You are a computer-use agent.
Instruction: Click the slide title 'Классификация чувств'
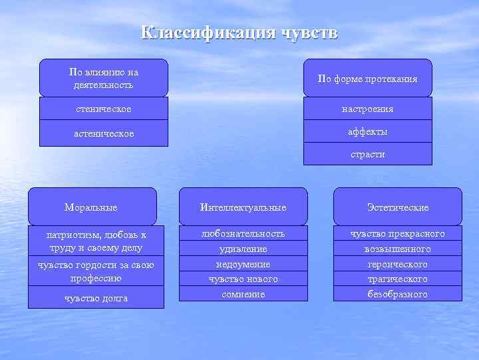click(239, 33)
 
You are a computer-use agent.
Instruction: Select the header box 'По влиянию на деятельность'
click(103, 78)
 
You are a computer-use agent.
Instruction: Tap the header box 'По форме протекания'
click(367, 79)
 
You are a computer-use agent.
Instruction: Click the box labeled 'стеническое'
click(103, 109)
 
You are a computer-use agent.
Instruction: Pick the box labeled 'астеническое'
click(103, 133)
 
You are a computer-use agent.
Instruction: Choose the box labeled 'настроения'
click(367, 109)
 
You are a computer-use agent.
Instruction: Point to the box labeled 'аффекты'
click(367, 131)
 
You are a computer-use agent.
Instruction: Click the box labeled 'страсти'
click(367, 154)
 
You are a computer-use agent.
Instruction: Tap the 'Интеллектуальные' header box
click(243, 207)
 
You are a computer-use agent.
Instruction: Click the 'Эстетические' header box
click(397, 207)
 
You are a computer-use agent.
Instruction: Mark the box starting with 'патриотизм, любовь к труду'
click(96, 241)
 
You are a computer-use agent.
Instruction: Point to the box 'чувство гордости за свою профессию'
click(96, 271)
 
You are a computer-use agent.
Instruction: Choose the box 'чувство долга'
click(96, 298)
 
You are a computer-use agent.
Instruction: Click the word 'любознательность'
click(243, 233)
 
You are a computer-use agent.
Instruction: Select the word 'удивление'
click(243, 249)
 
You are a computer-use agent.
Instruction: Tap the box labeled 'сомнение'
click(243, 294)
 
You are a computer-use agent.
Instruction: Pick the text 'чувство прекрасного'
click(397, 233)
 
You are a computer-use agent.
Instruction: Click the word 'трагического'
click(397, 279)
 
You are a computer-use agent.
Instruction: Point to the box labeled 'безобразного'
click(397, 294)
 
